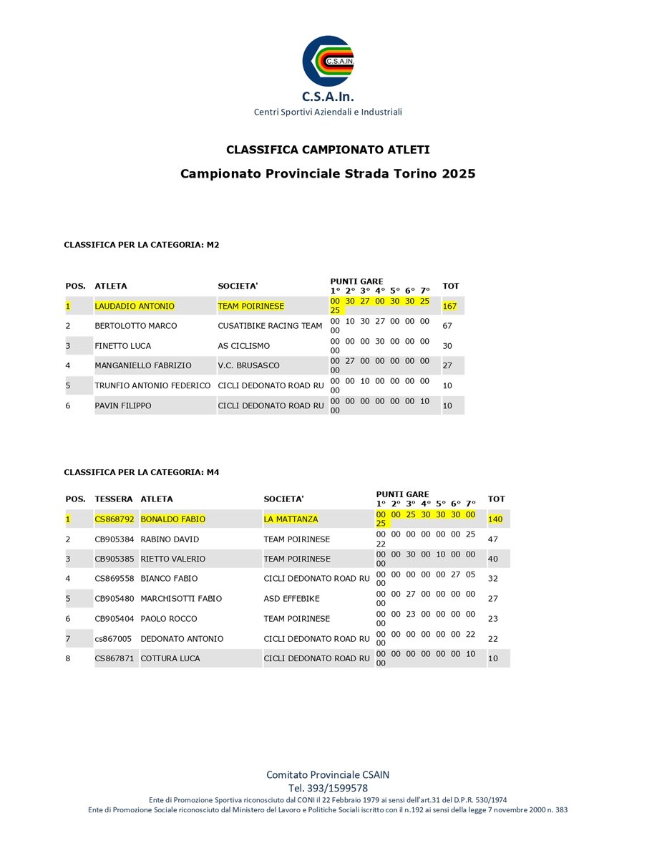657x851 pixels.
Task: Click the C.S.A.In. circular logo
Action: click(328, 61)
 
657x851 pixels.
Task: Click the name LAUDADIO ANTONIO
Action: click(135, 306)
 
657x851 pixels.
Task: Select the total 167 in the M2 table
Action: click(450, 306)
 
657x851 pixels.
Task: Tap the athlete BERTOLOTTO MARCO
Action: click(136, 326)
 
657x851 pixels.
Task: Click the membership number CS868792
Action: click(115, 519)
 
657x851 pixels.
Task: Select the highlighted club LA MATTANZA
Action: click(291, 519)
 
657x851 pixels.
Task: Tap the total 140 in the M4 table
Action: click(496, 519)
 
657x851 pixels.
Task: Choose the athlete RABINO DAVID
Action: click(170, 539)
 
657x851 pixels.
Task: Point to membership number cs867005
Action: click(113, 638)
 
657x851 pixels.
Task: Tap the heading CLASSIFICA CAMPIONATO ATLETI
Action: click(328, 150)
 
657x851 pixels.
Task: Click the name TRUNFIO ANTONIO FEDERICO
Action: click(152, 385)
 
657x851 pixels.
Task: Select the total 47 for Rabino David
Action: click(493, 539)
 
